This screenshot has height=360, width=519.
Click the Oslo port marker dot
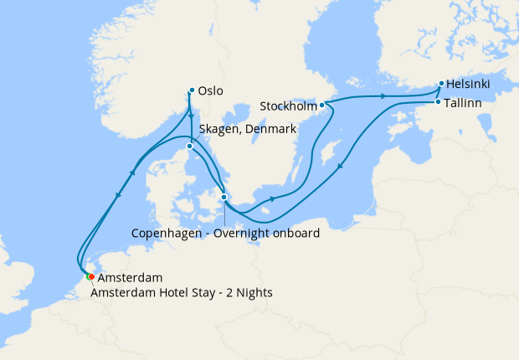click(192, 90)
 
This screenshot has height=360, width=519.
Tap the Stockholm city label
click(288, 106)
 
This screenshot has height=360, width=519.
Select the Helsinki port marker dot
click(441, 84)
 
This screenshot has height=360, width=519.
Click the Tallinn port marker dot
click(438, 102)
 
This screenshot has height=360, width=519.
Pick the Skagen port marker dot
click(190, 147)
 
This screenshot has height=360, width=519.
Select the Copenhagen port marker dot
click(224, 198)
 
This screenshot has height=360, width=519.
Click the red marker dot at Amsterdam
click(91, 277)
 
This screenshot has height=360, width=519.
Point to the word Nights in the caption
click(254, 293)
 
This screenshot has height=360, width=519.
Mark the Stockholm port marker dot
click(322, 105)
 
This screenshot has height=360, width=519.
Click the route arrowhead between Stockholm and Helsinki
click(383, 97)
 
